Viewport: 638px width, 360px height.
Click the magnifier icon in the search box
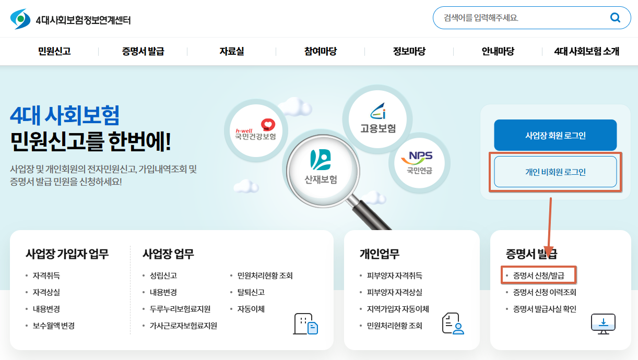tap(615, 18)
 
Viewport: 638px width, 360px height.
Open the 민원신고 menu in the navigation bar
tap(54, 51)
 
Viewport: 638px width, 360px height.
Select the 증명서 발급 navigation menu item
tap(143, 51)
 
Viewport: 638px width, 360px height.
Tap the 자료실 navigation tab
tap(232, 51)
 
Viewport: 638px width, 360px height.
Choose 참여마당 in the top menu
tap(321, 51)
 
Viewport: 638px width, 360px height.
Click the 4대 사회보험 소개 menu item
tap(586, 51)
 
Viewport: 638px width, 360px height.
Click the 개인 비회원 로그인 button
tap(556, 172)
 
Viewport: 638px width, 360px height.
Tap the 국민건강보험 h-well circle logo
tap(256, 130)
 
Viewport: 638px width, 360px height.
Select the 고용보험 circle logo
tap(377, 119)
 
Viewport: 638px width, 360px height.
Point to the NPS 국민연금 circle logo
tap(419, 163)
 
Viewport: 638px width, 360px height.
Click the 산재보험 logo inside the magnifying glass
tap(321, 167)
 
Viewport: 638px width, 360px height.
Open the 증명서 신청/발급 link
tap(538, 275)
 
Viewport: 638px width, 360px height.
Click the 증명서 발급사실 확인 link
tap(545, 309)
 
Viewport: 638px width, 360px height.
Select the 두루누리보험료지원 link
tap(180, 309)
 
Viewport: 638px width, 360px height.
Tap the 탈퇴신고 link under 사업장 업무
tap(251, 292)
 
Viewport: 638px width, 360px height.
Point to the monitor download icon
tap(603, 324)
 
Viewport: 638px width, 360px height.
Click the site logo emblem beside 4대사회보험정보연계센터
tap(20, 19)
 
